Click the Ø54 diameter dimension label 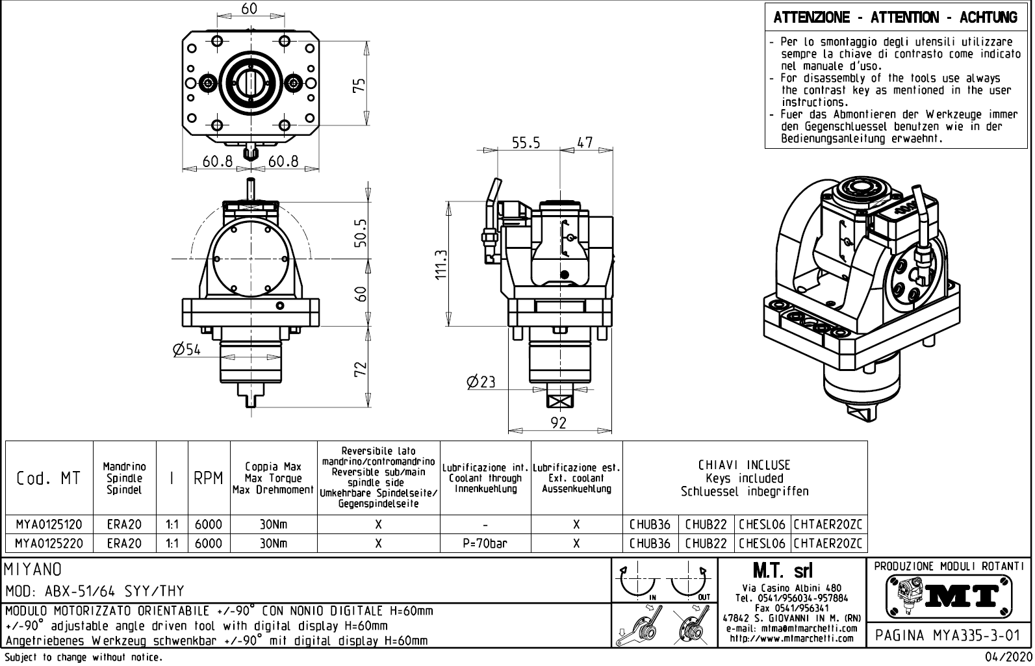(187, 350)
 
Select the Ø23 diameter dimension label (481, 382)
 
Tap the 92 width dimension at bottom (559, 423)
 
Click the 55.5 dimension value (526, 143)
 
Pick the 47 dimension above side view (585, 143)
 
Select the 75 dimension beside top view (359, 86)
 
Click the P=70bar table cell (485, 543)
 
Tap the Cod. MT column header (49, 478)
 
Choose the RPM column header (209, 478)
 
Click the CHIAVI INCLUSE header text (745, 465)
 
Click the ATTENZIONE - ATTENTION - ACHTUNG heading (895, 18)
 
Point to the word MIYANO (34, 570)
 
